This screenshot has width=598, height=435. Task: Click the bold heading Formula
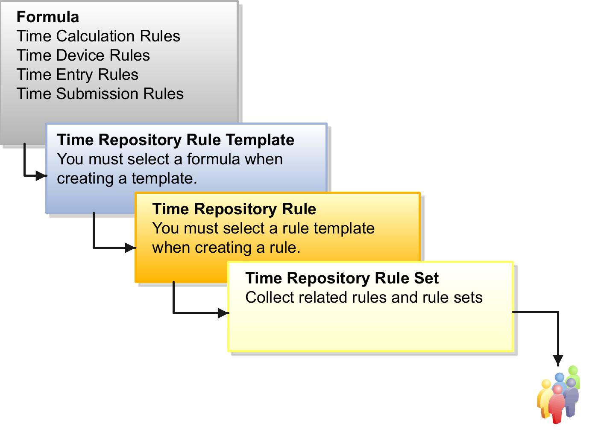coord(47,17)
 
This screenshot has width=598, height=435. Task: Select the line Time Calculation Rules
coord(98,36)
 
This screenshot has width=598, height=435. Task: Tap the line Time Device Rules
coord(83,55)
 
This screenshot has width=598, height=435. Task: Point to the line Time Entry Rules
coord(77,75)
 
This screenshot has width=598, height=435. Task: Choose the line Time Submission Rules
coord(100,94)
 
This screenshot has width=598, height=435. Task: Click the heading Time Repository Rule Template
coord(176,140)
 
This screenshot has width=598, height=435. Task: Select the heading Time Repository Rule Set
coord(342,278)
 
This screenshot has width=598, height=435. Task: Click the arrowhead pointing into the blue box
coord(41,175)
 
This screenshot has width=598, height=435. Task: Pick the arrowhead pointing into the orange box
coord(130,248)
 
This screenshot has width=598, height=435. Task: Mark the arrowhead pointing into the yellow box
coord(223,313)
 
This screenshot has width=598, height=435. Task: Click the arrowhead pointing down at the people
coord(558,361)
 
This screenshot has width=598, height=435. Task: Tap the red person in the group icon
coord(557,406)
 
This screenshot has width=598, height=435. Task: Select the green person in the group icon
coord(574,376)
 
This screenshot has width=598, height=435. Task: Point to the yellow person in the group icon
coord(544,397)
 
